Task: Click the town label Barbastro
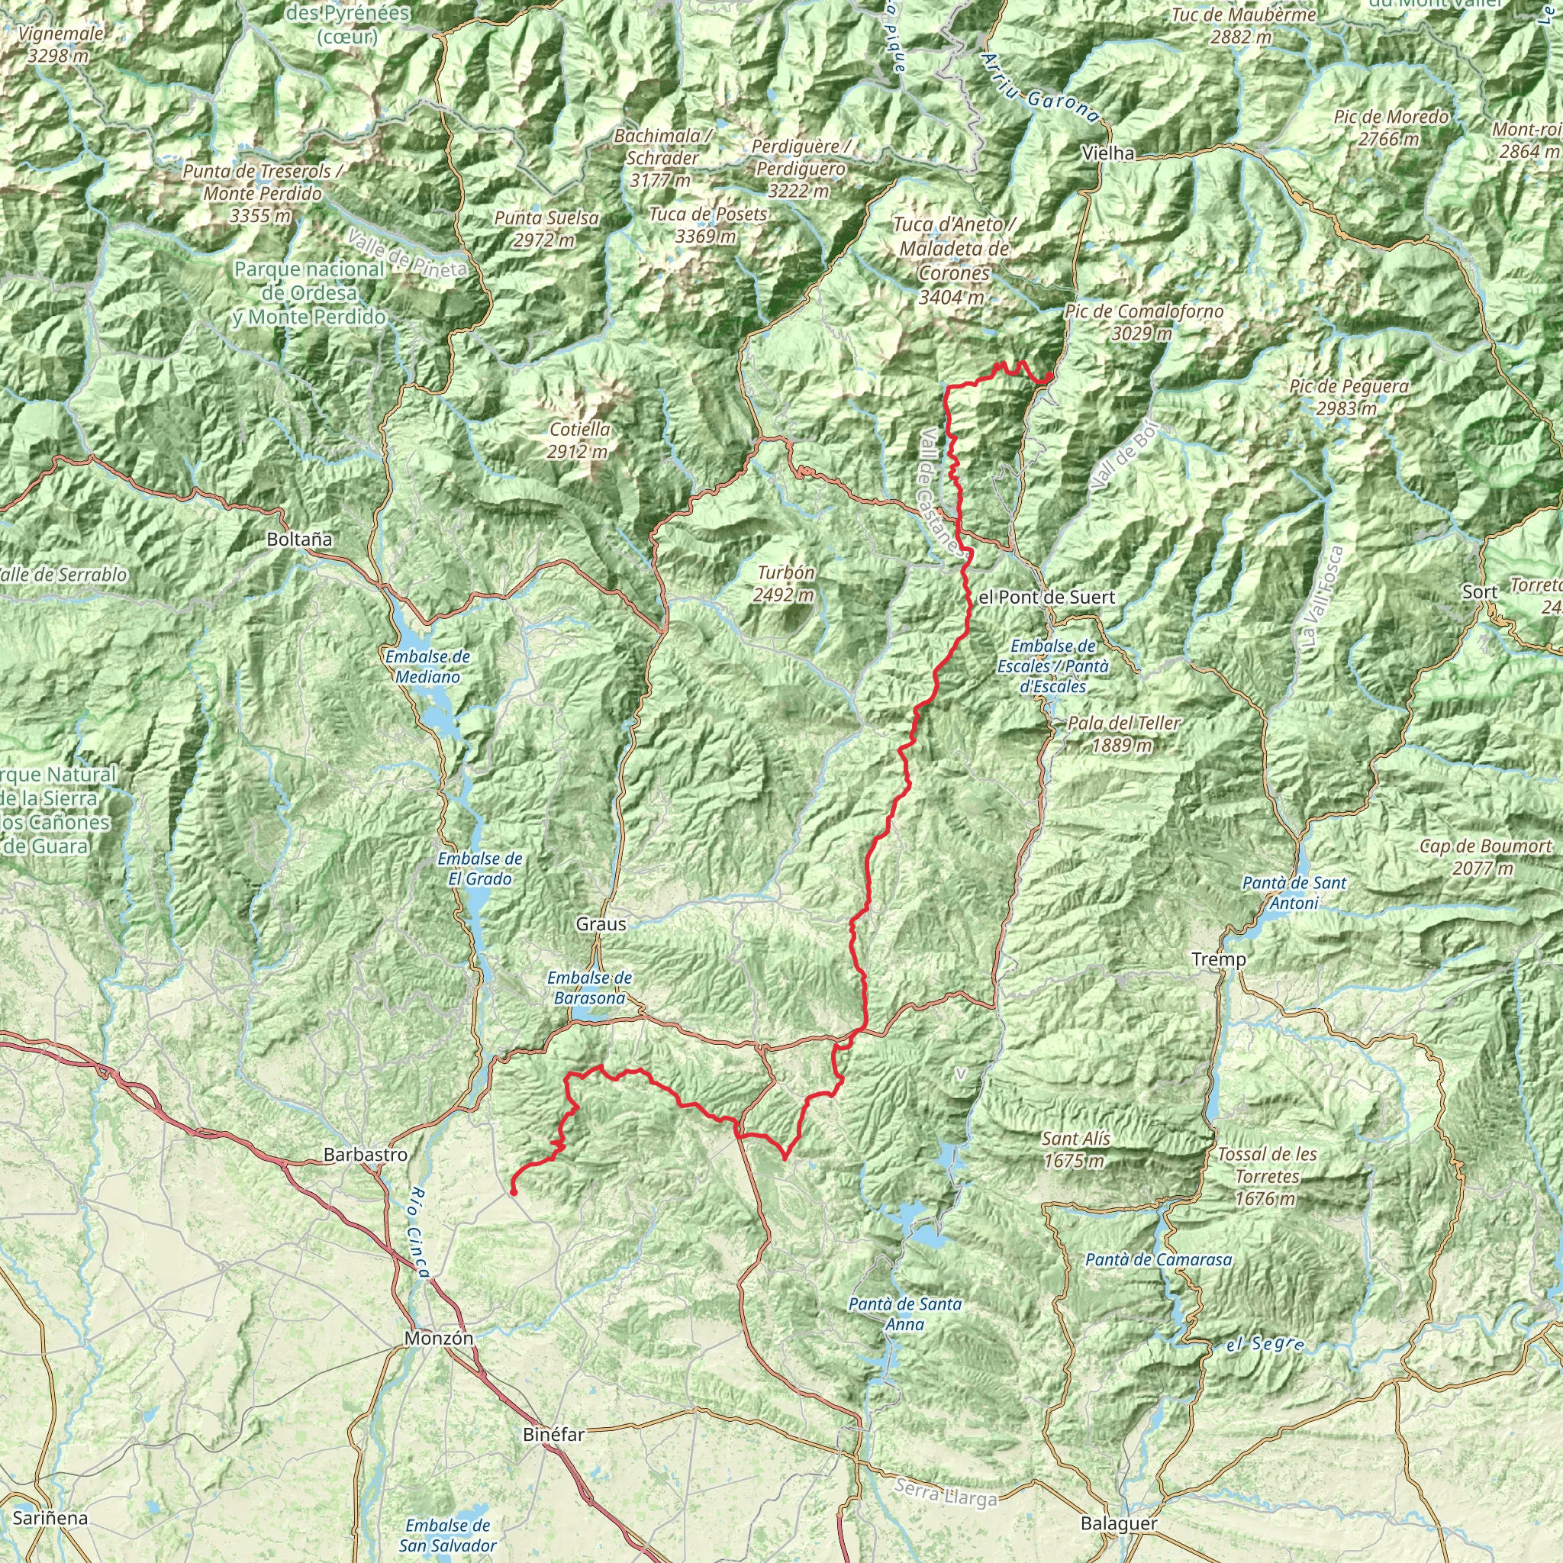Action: click(x=365, y=1155)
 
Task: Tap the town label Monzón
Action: click(x=439, y=1338)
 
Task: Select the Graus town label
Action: click(x=601, y=924)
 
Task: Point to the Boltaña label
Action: click(x=299, y=539)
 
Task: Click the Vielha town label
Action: click(x=1107, y=153)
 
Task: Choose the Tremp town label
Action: click(x=1218, y=959)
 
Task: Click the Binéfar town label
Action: click(x=553, y=1436)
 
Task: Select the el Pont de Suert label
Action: click(x=1046, y=597)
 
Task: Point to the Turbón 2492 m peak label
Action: click(x=785, y=583)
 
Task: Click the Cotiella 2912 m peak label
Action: click(x=579, y=440)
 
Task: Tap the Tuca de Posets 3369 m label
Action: click(x=708, y=225)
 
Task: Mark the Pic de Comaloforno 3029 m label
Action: click(x=1143, y=322)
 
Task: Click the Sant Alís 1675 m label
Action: click(x=1075, y=1149)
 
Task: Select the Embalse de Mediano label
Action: click(x=428, y=666)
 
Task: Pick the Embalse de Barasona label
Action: click(x=589, y=988)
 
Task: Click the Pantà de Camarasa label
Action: click(x=1158, y=1259)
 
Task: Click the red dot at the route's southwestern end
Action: click(x=513, y=1191)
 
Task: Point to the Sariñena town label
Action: click(x=50, y=1518)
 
